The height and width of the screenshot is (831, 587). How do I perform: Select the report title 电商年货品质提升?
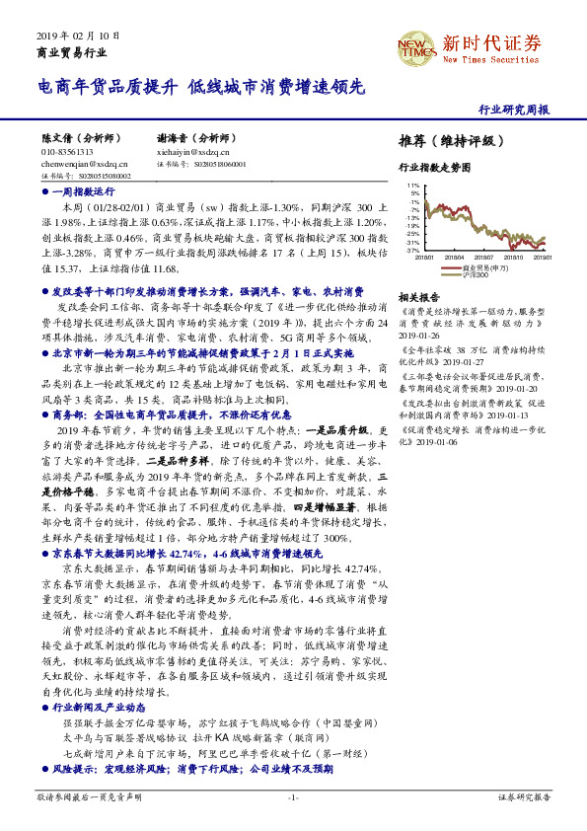(108, 88)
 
